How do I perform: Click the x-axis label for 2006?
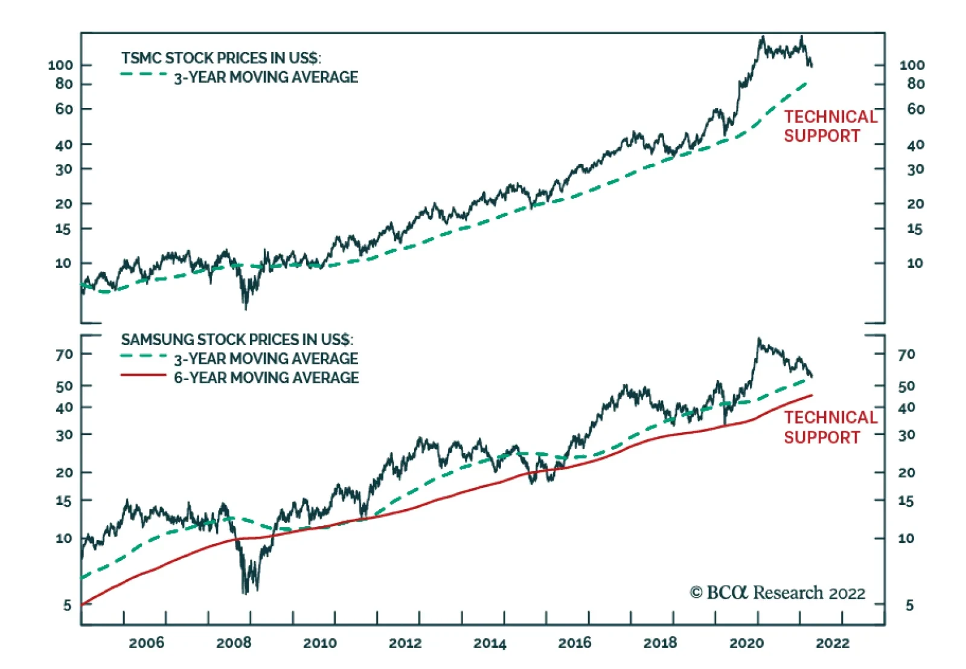point(146,643)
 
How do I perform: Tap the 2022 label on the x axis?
point(833,643)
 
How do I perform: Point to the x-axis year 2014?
point(490,643)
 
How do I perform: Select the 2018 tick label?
point(660,643)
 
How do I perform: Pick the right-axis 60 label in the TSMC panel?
point(915,109)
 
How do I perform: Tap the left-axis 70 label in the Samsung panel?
point(64,354)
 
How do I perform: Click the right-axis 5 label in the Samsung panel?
point(909,605)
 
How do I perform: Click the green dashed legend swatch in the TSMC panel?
point(144,74)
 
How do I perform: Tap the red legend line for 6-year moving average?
point(143,375)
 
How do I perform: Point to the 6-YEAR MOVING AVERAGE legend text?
point(266,378)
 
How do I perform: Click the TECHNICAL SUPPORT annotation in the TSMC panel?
point(830,126)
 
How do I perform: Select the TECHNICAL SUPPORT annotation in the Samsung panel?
point(830,427)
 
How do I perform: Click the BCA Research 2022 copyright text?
point(778,593)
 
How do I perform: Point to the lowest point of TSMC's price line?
point(245,309)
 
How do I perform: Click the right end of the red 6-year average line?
point(811,395)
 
